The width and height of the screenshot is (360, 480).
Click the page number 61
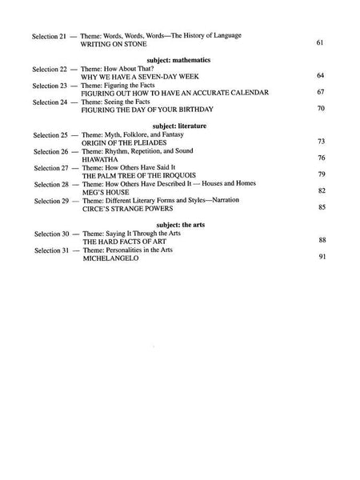[x=320, y=42]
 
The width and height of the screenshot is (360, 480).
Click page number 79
[x=320, y=174]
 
